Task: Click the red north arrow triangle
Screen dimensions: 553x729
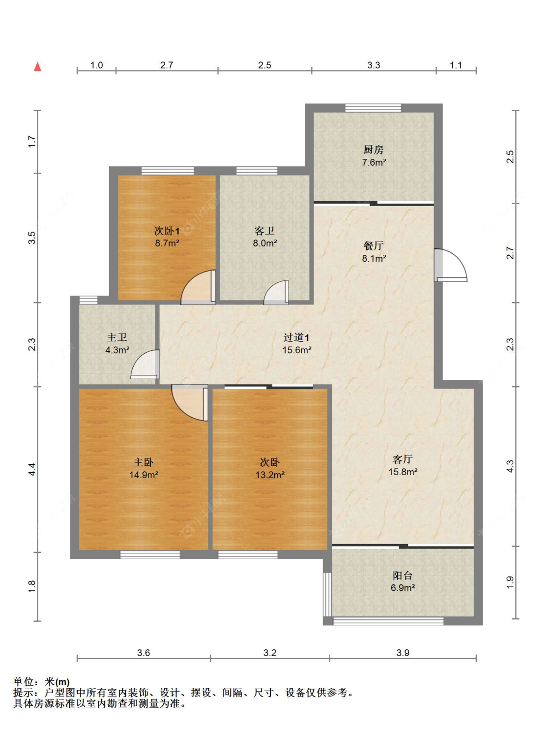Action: pos(38,66)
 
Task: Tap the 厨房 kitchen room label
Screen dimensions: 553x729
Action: pos(373,150)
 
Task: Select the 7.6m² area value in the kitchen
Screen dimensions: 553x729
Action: pos(374,162)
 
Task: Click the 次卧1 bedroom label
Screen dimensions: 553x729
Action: pos(167,231)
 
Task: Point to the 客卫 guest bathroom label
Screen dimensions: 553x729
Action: pos(264,231)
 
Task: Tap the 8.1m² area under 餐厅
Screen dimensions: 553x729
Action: pos(374,258)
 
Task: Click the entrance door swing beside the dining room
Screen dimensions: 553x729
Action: pos(450,265)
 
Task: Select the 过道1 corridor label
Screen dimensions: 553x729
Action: pos(296,337)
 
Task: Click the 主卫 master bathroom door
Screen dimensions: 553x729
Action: pos(146,364)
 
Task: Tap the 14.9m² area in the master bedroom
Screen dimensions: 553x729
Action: pos(144,475)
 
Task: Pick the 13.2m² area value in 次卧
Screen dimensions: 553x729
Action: pos(270,475)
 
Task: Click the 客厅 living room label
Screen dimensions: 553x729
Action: pos(403,459)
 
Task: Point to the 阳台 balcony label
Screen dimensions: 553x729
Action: pos(403,575)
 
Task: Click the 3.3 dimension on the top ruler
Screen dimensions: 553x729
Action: pos(374,65)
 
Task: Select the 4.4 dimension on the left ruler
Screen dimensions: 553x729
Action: pos(32,469)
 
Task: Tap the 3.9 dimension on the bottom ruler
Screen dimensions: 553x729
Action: pos(403,653)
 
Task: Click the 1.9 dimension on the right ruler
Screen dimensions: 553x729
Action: pos(510,582)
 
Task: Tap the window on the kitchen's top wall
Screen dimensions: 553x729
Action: pos(373,108)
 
